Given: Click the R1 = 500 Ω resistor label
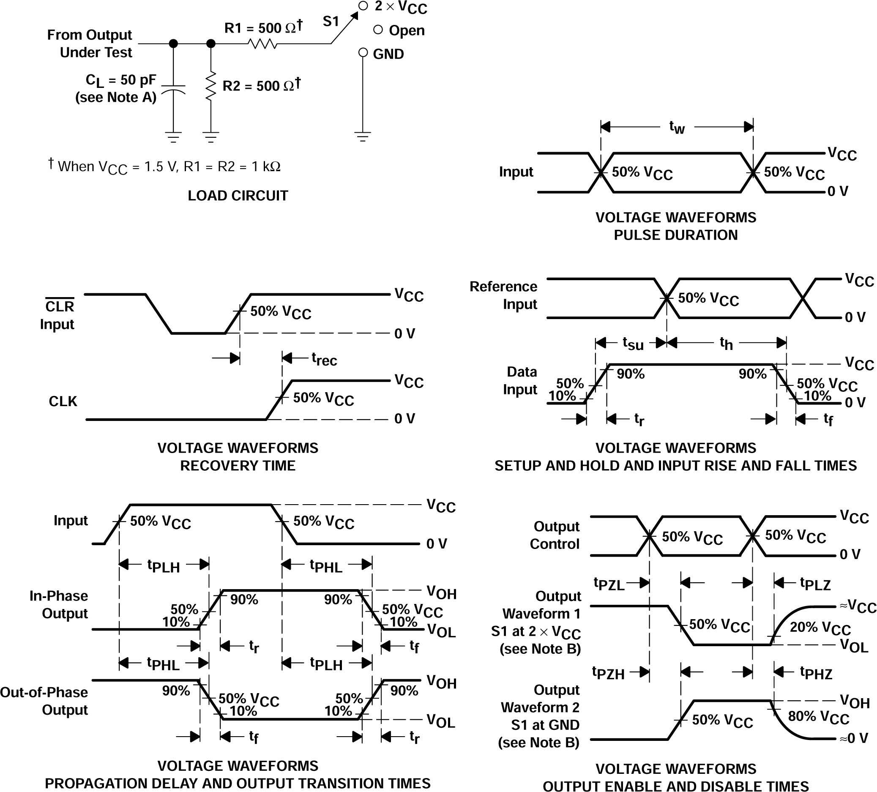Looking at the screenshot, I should point(262,28).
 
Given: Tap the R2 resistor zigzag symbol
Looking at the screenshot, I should point(210,87).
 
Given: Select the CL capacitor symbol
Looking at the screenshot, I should point(173,90).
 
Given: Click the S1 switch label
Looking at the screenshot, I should point(331,21).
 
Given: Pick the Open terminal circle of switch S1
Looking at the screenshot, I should point(378,30).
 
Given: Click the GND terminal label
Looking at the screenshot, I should point(388,54).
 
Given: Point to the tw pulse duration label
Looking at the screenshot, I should point(677,128).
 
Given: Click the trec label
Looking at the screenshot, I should point(324,359).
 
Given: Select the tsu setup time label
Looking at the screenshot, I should point(633,344).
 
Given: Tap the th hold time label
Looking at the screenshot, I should point(726,344).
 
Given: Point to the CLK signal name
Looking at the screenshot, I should point(63,401).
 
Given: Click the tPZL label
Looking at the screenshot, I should point(609,584).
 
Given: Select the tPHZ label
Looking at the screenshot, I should point(816,673).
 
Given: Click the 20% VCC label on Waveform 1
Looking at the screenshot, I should point(820,628).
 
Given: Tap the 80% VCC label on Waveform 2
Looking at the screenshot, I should point(818,716).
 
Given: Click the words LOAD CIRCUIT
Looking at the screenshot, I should point(238,196).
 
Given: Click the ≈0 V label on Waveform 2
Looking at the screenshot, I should point(853,738).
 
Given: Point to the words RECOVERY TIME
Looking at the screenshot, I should point(238,466).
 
